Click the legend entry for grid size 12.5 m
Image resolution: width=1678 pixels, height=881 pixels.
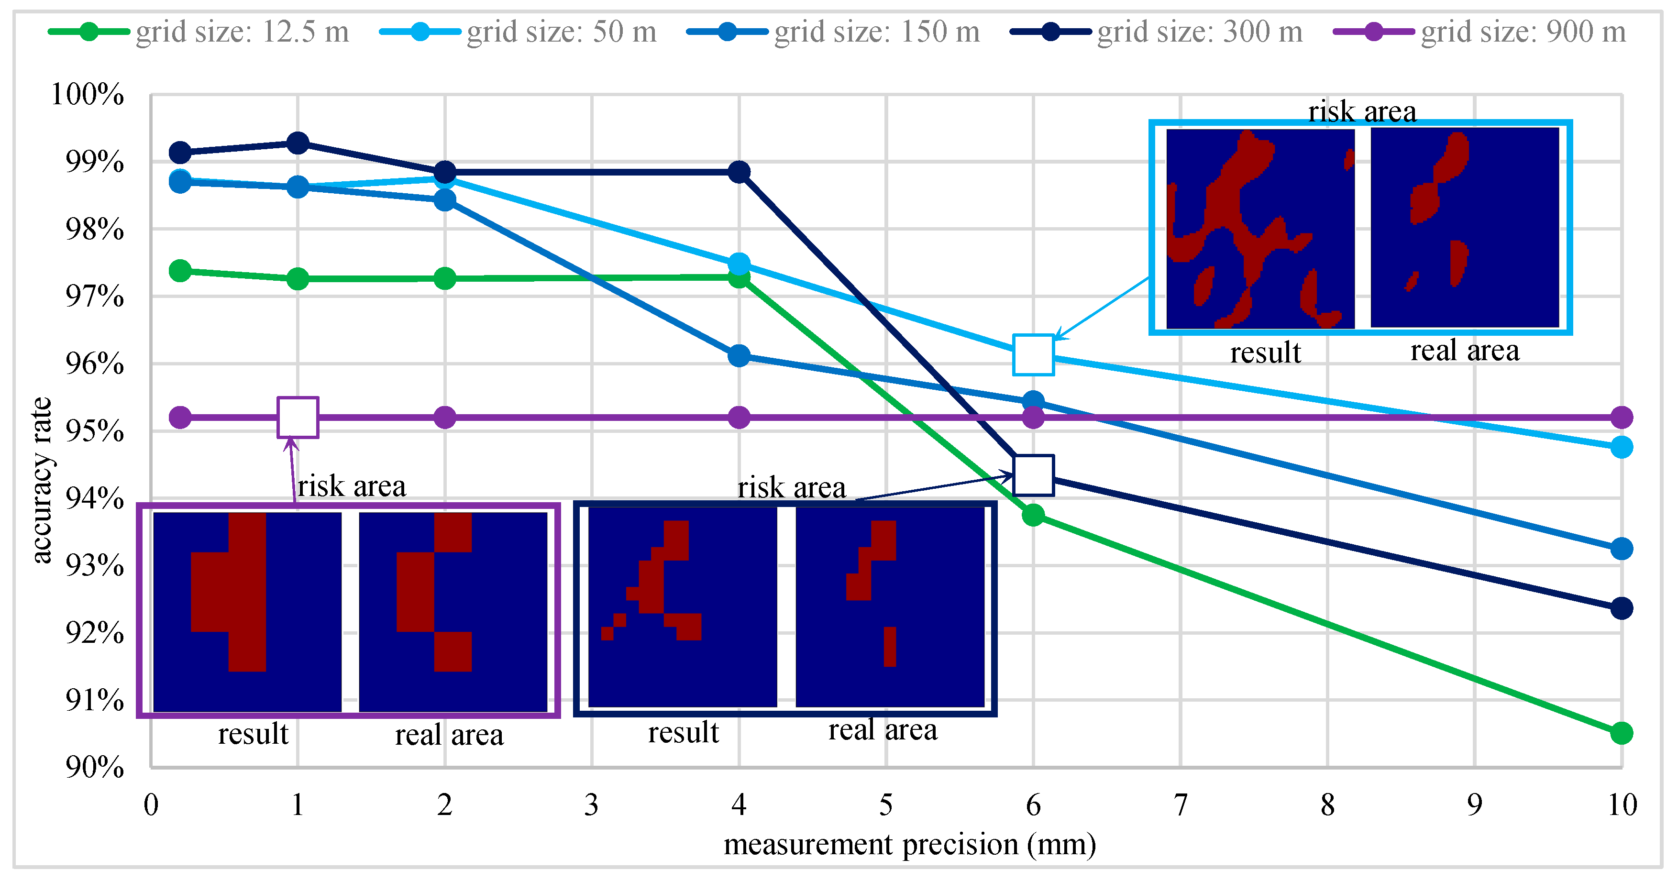coord(199,31)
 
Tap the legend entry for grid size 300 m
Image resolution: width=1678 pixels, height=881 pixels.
coord(1156,31)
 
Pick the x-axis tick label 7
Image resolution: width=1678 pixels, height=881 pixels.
coord(1180,805)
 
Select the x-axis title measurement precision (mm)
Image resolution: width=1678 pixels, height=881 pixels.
coord(909,845)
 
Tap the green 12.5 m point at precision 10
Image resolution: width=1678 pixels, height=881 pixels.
coord(1621,733)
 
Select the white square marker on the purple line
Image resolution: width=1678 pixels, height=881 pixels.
coord(298,418)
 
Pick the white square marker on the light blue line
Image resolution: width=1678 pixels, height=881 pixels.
coord(1033,355)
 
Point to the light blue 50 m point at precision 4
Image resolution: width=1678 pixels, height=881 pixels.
coord(739,264)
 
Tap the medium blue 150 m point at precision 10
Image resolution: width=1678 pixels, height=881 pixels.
coord(1621,549)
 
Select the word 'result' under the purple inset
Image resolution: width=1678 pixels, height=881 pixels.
coord(253,734)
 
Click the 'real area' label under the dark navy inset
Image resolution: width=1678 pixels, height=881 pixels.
coord(883,730)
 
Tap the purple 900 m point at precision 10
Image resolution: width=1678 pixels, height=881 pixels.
coord(1621,418)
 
